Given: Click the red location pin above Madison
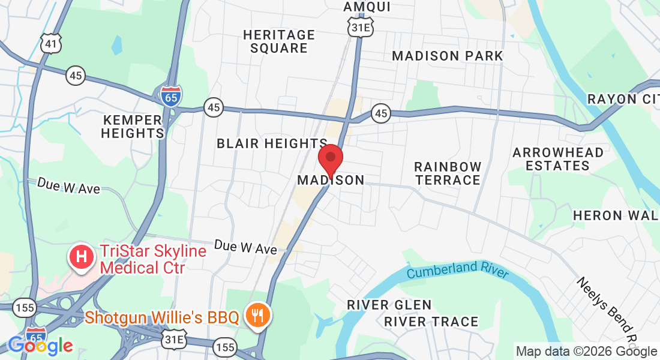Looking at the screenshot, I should [x=330, y=158].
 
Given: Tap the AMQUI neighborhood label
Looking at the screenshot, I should [x=367, y=7].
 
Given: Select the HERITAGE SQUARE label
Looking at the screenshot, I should [x=279, y=41].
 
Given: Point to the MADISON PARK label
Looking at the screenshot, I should [x=448, y=56].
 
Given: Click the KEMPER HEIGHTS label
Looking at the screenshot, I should [x=132, y=126].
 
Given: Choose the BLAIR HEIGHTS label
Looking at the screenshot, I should [x=272, y=143].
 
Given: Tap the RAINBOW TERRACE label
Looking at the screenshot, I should [x=448, y=173].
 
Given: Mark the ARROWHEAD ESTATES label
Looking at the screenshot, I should [x=558, y=158].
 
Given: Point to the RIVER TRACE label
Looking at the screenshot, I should [x=431, y=322].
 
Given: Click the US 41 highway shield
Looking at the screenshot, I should [x=50, y=42].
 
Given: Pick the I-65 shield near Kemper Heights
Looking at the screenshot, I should [x=172, y=96].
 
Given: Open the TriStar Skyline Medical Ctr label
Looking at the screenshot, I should [x=153, y=259].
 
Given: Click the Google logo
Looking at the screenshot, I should [x=40, y=346].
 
